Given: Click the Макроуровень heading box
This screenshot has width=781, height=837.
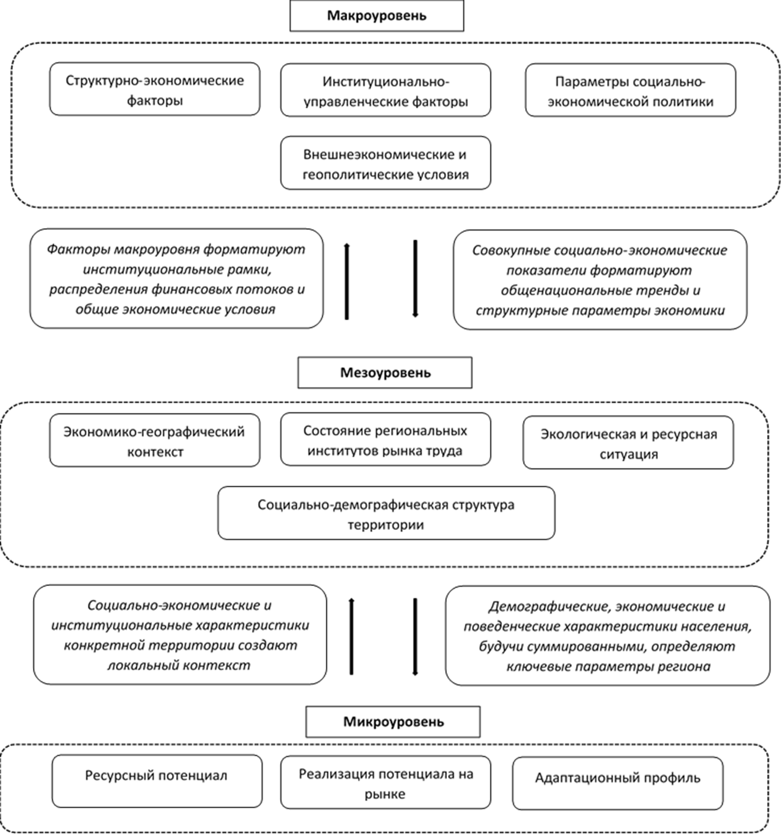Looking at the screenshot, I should [x=376, y=16].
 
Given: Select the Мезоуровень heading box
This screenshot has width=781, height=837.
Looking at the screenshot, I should [x=385, y=373].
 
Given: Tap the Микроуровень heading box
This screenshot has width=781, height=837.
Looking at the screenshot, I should [x=393, y=722].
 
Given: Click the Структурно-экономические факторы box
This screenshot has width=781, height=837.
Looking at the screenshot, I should [x=155, y=90].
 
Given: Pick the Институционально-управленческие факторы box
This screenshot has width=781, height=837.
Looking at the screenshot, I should [x=385, y=91].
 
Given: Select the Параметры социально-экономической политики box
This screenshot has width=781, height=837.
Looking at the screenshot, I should [x=630, y=91].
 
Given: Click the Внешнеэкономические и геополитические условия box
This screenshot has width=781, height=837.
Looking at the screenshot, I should [x=385, y=164].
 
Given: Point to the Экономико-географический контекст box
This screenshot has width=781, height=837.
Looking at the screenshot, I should [x=155, y=441].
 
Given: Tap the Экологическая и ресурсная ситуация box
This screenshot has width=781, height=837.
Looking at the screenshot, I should [x=629, y=443].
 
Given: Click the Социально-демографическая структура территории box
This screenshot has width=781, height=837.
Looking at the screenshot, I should [x=386, y=514].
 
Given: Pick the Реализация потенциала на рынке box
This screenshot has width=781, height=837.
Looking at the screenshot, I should [x=385, y=783].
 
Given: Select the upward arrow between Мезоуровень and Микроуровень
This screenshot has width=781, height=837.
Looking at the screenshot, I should [x=351, y=636].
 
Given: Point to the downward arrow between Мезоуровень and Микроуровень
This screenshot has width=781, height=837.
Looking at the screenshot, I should [x=415, y=636].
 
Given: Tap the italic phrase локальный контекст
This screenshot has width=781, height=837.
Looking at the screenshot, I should [x=179, y=666].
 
